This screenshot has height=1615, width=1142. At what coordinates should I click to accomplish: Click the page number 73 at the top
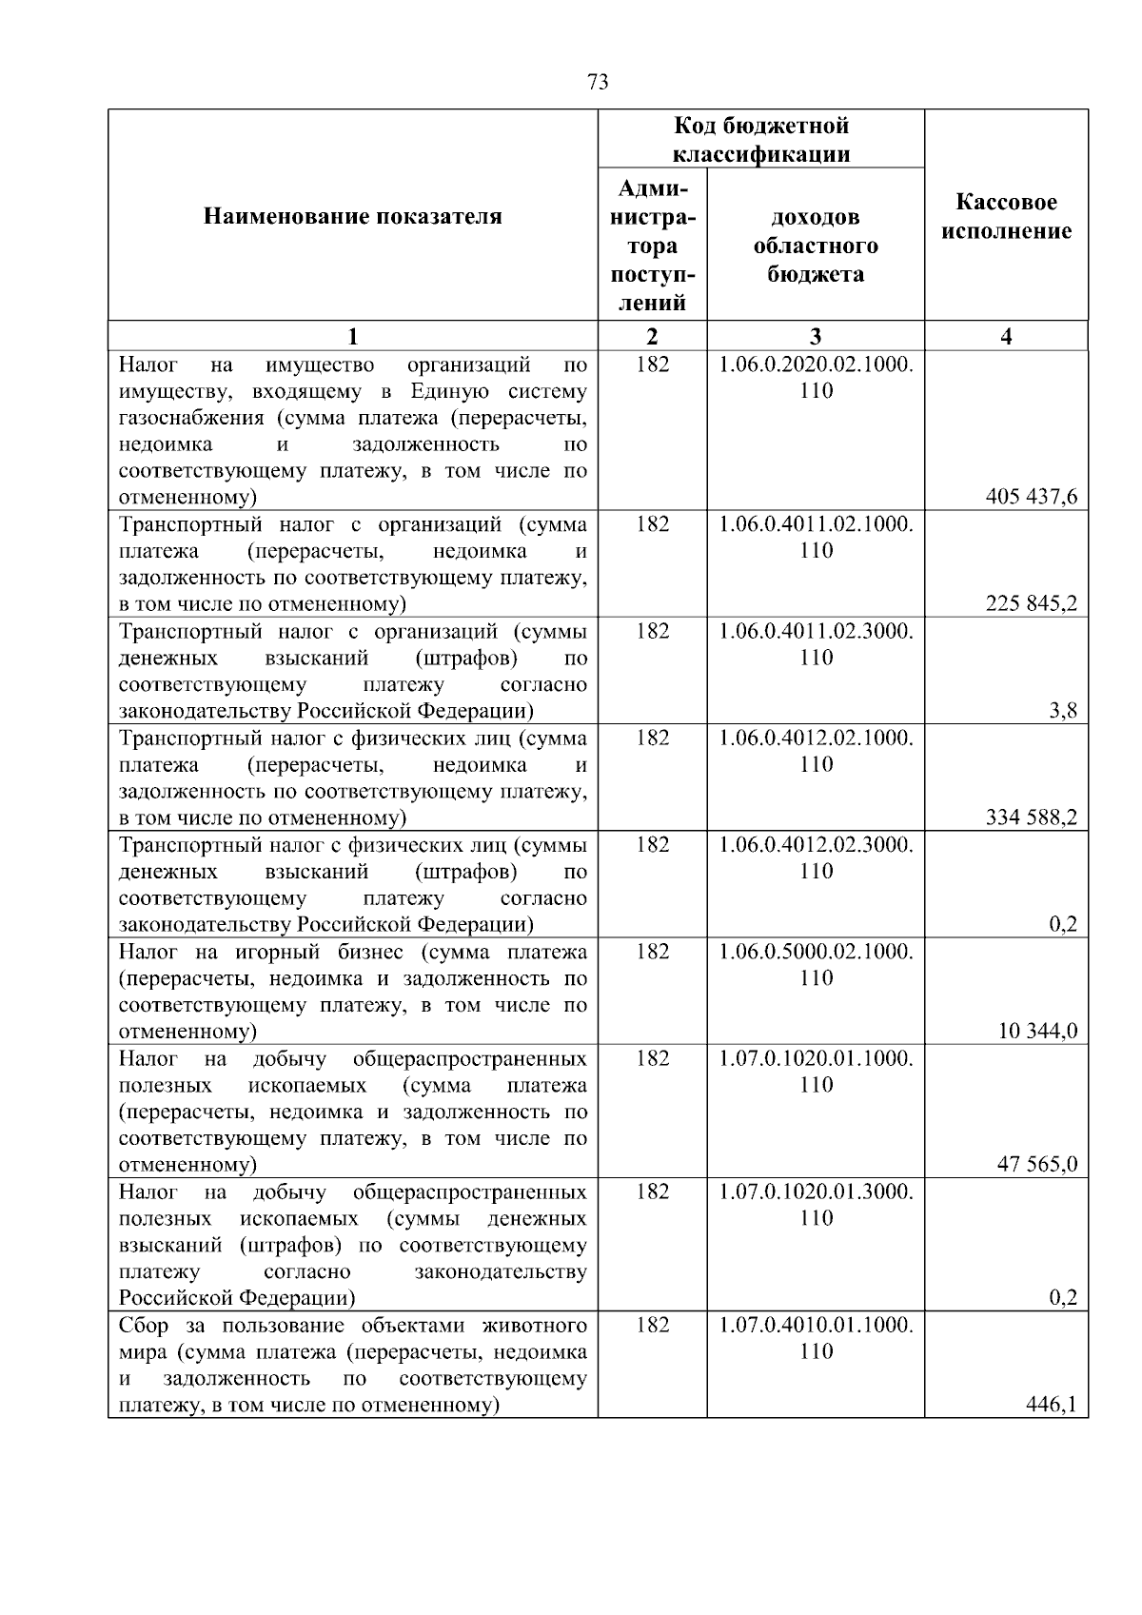(598, 82)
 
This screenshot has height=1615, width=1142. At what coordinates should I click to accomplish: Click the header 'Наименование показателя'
(353, 217)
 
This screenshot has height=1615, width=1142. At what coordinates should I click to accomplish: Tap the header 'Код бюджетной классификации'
(761, 139)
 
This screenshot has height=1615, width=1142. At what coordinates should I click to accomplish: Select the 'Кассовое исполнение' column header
(1006, 217)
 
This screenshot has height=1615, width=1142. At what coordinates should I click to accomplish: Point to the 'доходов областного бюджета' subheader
(816, 246)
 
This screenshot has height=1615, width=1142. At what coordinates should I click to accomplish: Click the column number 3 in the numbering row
(816, 336)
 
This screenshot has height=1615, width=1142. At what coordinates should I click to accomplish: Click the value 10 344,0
(1037, 1031)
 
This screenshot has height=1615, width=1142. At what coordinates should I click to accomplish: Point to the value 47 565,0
(1037, 1164)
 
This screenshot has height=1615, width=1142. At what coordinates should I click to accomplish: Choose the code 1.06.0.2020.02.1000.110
(816, 377)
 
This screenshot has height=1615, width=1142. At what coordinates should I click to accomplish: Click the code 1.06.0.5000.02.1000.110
(816, 964)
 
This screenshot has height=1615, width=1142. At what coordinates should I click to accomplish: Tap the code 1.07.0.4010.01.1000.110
(816, 1337)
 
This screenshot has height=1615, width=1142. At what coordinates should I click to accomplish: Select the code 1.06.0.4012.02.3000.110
(816, 857)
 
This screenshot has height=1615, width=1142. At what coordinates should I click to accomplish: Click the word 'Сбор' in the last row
(142, 1325)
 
